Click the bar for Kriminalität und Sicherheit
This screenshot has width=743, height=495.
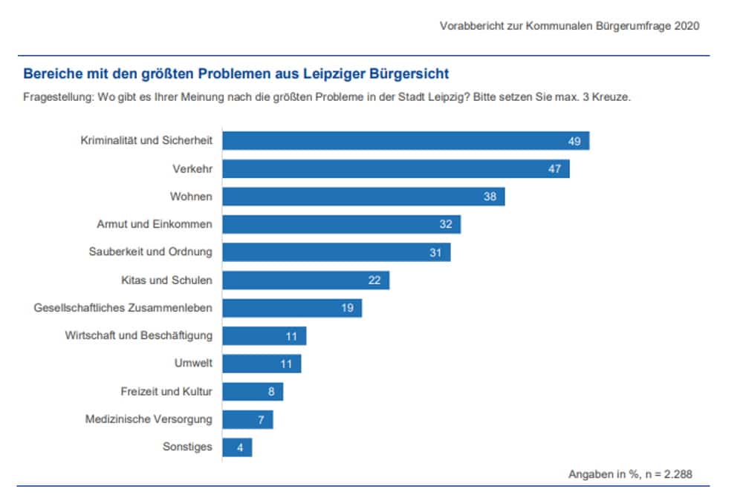pos(406,141)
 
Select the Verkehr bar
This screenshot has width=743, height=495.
pos(396,169)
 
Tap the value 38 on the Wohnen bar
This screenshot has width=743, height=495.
pos(489,197)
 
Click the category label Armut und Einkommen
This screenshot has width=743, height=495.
pos(155,224)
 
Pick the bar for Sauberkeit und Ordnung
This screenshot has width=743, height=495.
pos(337,252)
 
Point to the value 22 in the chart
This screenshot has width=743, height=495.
pos(374,281)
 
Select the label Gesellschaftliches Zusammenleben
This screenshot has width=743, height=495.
pos(123,308)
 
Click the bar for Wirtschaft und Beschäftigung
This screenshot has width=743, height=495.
pos(265,336)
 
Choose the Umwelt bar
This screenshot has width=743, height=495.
pos(262,364)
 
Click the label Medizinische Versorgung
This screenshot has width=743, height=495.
pos(149,419)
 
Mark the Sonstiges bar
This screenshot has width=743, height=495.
pos(237,448)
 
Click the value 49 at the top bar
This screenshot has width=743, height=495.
pos(574,141)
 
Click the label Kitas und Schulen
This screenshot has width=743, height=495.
pos(166,281)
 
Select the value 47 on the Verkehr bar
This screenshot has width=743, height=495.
pos(554,169)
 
